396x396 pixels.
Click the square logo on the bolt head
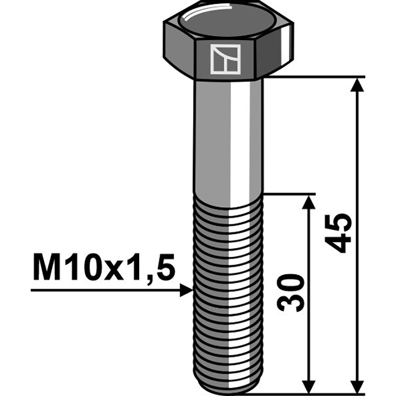coord(224,59)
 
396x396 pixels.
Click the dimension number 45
coord(338,233)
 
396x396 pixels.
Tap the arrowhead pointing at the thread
coord(186,290)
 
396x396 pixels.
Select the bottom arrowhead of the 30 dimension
coord(308,382)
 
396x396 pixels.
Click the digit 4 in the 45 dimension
coord(338,243)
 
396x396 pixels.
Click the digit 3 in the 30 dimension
coord(291,302)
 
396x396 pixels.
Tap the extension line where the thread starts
coord(290,194)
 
